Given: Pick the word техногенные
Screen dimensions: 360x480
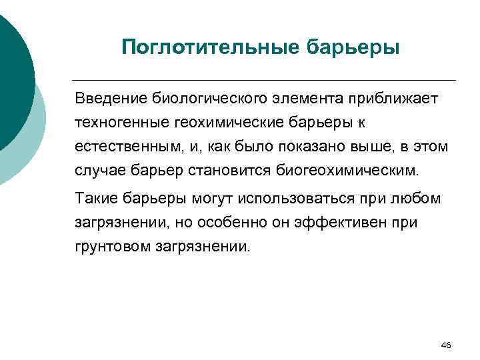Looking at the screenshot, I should click(x=115, y=123).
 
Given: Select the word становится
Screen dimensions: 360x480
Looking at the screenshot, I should click(x=211, y=170).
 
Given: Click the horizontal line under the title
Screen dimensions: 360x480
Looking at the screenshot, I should click(x=267, y=80).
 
